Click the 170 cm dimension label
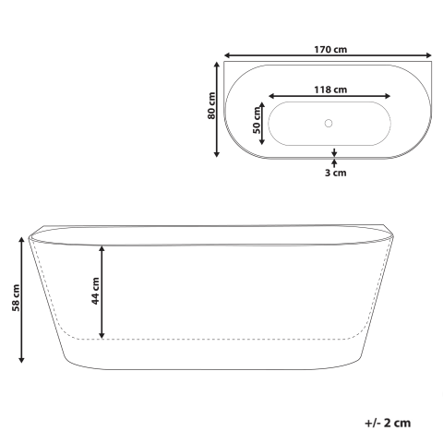click(x=329, y=49)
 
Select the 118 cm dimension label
click(x=329, y=89)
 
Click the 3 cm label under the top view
click(x=334, y=172)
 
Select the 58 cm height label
click(x=16, y=299)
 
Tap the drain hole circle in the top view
click(x=329, y=123)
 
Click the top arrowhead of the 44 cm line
click(x=102, y=248)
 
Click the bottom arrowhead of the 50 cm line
click(x=264, y=142)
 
